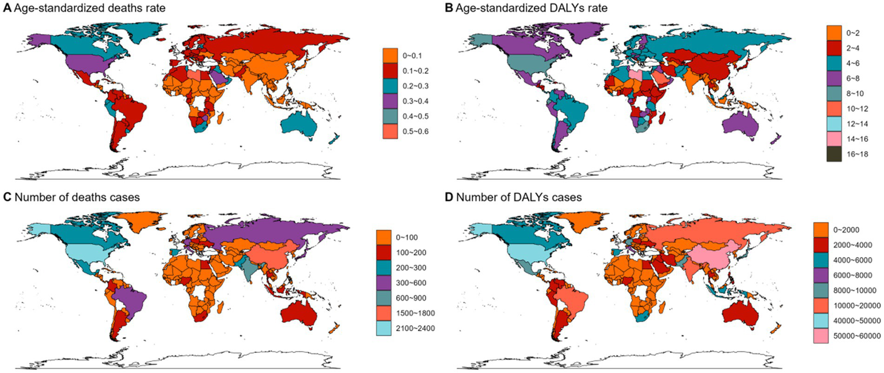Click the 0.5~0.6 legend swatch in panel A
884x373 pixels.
coord(390,131)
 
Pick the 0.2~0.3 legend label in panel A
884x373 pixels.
coord(416,86)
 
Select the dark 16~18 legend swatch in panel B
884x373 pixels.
coord(834,154)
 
